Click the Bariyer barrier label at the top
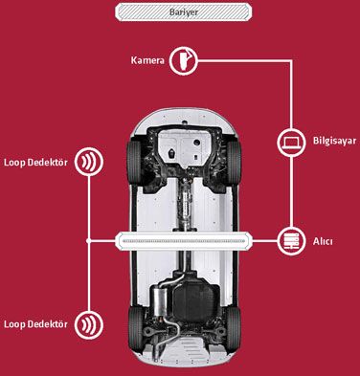(183, 12)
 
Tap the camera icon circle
(183, 60)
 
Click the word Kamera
(147, 60)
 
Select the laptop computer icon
(291, 142)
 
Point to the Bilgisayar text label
(334, 142)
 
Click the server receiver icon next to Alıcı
(291, 241)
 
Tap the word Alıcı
(323, 241)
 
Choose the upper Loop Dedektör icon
(89, 162)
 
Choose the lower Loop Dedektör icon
(89, 324)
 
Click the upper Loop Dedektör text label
(35, 163)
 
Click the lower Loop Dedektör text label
(35, 324)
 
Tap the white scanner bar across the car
(184, 241)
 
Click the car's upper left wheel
(134, 162)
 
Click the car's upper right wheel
(234, 162)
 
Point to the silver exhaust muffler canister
(161, 300)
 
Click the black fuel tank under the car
(195, 298)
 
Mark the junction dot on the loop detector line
(89, 241)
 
